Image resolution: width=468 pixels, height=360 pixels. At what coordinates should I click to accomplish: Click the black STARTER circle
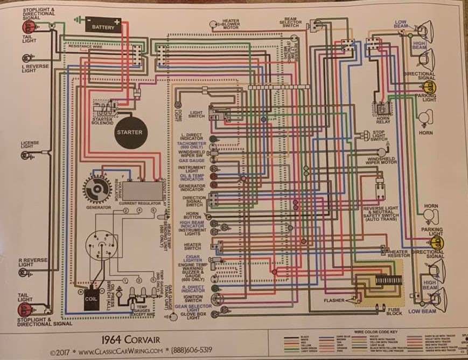tap(130, 132)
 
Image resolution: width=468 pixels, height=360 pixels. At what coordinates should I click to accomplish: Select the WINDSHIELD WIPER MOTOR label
tap(382, 160)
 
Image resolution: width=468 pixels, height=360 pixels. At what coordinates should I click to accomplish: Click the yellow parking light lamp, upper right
tap(429, 87)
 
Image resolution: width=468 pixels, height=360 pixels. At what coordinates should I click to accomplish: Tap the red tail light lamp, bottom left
tap(25, 309)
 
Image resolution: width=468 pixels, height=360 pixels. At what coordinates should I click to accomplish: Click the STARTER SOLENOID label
tap(102, 121)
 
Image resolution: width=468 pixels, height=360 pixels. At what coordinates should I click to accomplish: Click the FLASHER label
tap(334, 300)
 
